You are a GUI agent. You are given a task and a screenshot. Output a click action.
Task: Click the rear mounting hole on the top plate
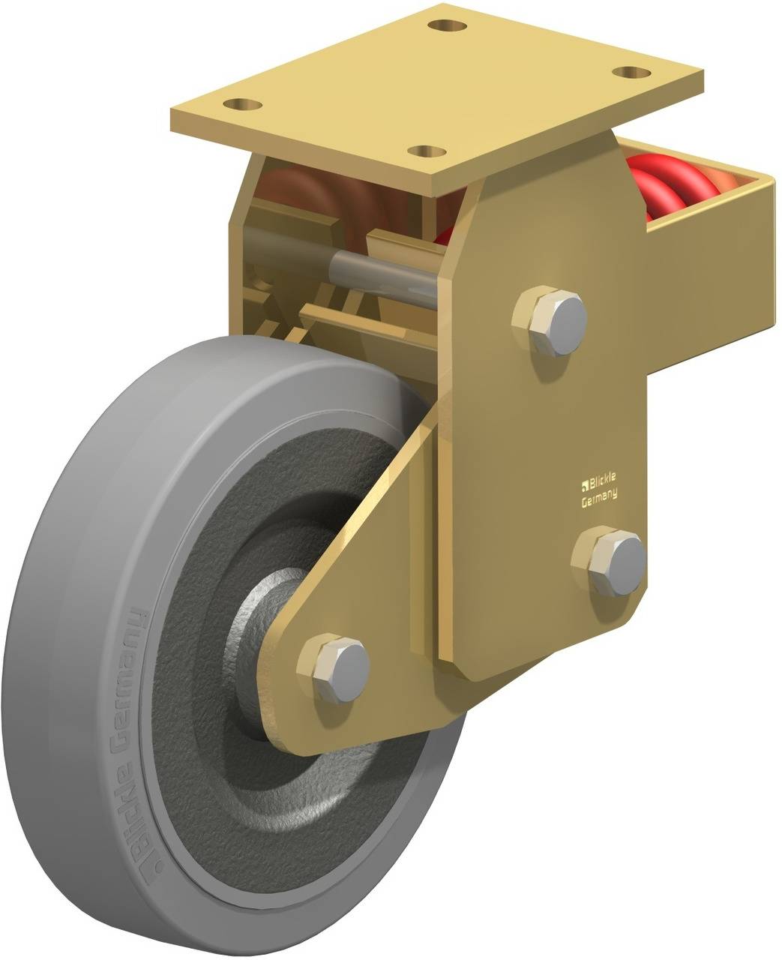(446, 25)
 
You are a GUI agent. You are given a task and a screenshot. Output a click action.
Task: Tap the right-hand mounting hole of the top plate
(632, 72)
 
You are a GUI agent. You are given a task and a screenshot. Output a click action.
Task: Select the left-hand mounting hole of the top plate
(243, 104)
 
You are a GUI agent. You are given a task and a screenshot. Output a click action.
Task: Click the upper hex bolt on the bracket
(550, 320)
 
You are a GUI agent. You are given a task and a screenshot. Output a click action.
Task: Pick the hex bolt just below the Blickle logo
(609, 562)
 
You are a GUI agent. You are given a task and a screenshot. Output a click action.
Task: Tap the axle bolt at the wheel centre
(334, 669)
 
